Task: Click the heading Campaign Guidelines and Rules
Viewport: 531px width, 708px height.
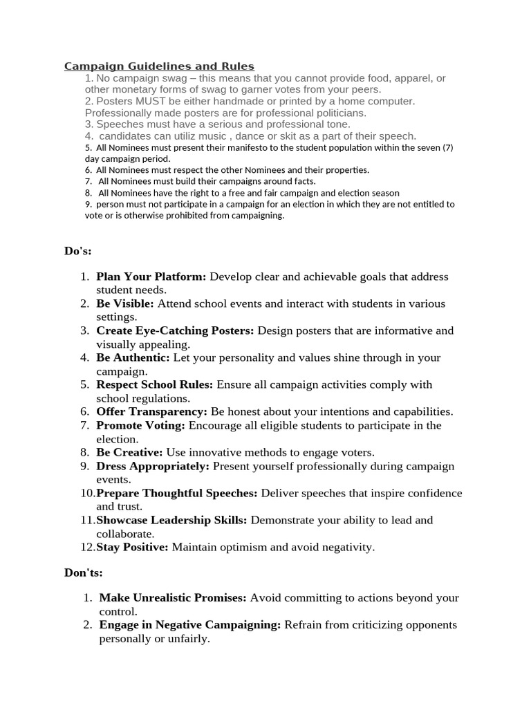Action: [x=159, y=66]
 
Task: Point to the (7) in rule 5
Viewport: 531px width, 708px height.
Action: [x=446, y=147]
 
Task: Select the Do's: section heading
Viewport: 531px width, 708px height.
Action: [x=78, y=250]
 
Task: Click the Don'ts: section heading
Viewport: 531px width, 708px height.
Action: [x=84, y=572]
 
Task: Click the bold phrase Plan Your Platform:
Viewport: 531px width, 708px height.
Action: [x=151, y=277]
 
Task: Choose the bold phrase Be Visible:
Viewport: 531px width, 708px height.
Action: [x=125, y=304]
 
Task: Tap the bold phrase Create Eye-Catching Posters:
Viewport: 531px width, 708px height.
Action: [x=175, y=330]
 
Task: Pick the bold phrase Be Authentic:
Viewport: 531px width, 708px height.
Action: [x=133, y=357]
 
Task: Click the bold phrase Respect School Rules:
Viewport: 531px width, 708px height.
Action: [x=155, y=384]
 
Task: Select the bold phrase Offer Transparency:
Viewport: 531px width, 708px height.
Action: [x=151, y=411]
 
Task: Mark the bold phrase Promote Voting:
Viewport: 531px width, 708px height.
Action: [x=141, y=425]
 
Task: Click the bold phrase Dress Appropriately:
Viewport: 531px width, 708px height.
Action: [x=153, y=466]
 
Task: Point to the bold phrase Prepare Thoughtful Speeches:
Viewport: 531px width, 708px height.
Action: [x=177, y=493]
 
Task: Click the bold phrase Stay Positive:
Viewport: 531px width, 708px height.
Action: [x=132, y=547]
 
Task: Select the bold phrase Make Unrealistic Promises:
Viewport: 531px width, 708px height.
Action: [x=173, y=597]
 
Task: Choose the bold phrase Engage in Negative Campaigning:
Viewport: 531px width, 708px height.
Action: [x=190, y=624]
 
